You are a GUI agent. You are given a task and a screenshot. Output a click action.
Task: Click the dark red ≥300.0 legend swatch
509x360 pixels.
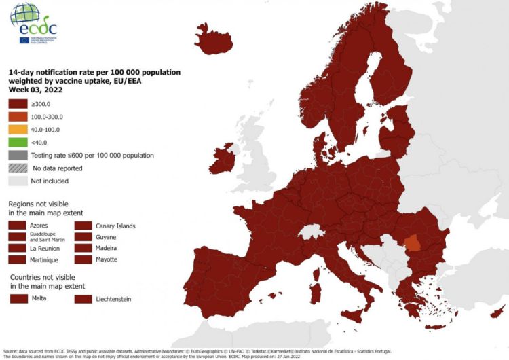click(18, 104)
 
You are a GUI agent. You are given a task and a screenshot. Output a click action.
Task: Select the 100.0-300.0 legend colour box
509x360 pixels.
click(18, 117)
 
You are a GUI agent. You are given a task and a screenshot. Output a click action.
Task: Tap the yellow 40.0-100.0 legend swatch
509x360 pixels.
click(18, 130)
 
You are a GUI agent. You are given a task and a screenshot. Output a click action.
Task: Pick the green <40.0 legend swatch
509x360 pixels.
click(18, 143)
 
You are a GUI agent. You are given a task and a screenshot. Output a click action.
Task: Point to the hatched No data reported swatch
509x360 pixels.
click(18, 168)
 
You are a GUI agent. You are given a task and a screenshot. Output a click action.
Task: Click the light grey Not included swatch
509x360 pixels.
click(18, 181)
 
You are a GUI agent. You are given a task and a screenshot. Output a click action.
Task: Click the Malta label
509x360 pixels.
click(39, 298)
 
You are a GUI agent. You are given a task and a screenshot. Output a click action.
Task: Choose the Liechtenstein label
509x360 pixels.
click(112, 298)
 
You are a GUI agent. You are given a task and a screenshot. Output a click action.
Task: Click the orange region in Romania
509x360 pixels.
click(412, 243)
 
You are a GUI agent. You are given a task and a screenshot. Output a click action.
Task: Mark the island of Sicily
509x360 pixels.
click(355, 314)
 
